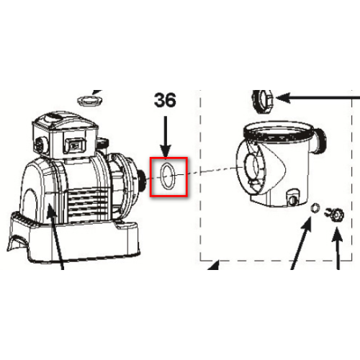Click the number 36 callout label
[x=165, y=100]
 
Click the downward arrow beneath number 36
[x=166, y=138]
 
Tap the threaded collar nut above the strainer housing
[x=263, y=102]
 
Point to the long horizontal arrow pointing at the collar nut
[x=318, y=98]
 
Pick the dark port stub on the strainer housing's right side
[x=320, y=142]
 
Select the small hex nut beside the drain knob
[x=315, y=207]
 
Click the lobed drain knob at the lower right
[x=336, y=215]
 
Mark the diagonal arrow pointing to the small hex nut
[x=301, y=243]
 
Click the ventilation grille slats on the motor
[x=88, y=204]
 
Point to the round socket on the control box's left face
[x=39, y=145]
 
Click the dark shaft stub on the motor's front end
[x=142, y=181]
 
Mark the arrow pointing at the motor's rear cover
[x=55, y=236]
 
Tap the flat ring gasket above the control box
[x=90, y=100]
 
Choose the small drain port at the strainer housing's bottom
[x=292, y=198]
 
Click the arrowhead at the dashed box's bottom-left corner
[x=215, y=265]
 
